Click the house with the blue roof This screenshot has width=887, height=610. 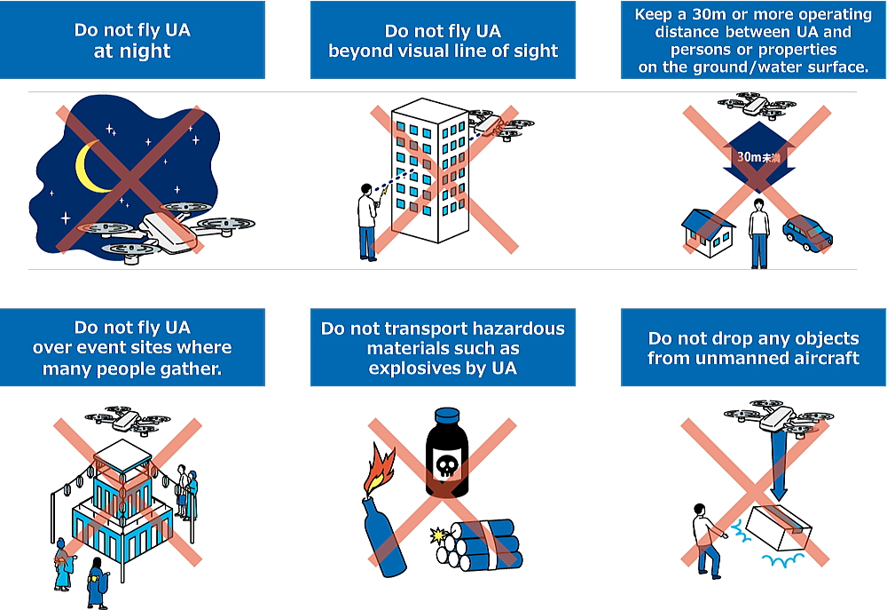[x=707, y=234]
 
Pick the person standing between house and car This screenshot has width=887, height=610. [x=758, y=232]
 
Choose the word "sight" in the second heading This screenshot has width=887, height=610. [x=534, y=51]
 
